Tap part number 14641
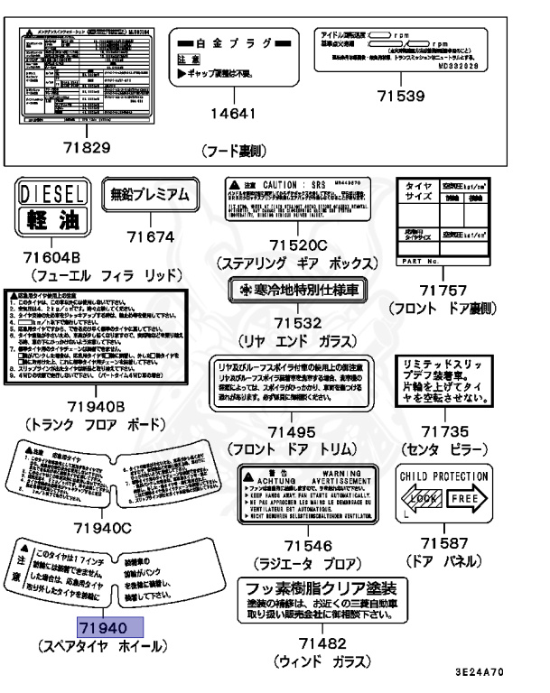click(234, 114)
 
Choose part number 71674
click(150, 236)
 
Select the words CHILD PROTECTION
click(444, 476)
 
